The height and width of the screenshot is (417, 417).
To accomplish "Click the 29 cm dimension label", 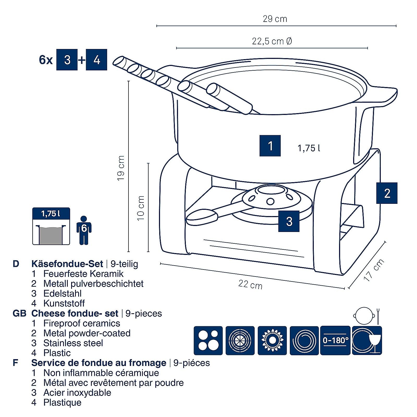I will click(275, 19).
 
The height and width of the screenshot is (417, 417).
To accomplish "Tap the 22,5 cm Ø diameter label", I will click(272, 41).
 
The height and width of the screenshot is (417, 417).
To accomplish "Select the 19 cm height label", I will click(121, 168).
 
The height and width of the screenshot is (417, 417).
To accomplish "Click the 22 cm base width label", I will click(250, 284).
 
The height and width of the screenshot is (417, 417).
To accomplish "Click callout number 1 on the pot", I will click(270, 146).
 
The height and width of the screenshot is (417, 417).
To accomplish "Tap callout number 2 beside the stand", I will click(387, 193).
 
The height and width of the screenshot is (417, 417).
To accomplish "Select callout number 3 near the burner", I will click(289, 221).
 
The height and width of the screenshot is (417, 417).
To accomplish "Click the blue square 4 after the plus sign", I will click(96, 60).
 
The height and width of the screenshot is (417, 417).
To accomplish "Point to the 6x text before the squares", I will click(46, 60).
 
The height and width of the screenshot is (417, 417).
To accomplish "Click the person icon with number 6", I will click(84, 230).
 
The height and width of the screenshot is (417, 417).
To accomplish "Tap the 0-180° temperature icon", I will click(335, 340).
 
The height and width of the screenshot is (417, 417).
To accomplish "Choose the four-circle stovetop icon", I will click(208, 340).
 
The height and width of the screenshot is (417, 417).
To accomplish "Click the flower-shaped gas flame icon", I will click(272, 340).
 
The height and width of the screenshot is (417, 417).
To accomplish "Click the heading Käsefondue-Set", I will click(67, 264).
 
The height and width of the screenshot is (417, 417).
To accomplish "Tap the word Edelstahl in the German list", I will click(62, 293).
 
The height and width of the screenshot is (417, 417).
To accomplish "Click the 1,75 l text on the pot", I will click(309, 148).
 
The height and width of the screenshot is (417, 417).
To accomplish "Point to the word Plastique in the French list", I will click(62, 402).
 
